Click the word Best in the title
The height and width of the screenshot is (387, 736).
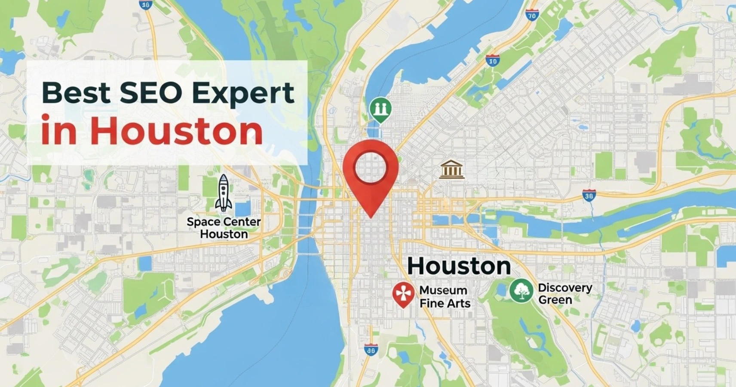coord(76,93)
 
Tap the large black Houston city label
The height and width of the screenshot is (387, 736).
coord(459,266)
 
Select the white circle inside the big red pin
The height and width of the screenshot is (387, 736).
coord(371,167)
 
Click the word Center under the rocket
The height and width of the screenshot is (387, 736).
coord(242,222)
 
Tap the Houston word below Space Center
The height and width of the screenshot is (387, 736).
coord(224,234)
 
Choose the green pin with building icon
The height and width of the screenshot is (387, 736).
coord(380,109)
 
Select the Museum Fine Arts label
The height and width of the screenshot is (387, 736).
coord(445,297)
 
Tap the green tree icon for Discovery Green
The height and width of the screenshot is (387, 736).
coord(521,290)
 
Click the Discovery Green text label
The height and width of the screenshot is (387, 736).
coord(564,294)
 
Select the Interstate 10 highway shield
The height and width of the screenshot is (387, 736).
coord(493,61)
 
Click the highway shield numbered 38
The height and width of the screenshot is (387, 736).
coord(589,196)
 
